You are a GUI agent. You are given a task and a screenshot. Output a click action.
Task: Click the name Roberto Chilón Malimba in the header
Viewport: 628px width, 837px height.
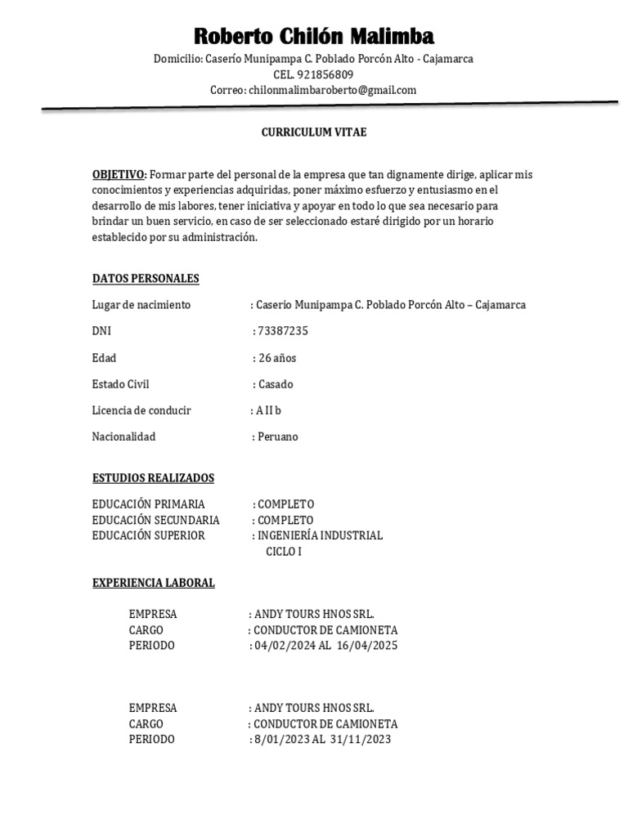point(314,37)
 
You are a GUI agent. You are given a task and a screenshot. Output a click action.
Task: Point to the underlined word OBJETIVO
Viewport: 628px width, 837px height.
point(119,175)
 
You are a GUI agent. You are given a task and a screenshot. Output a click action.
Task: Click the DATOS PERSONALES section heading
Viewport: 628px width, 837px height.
point(146,279)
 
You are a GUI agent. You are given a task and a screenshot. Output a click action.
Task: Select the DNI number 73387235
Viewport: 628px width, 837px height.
point(283,331)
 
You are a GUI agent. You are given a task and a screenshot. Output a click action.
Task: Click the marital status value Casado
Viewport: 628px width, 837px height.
point(275,384)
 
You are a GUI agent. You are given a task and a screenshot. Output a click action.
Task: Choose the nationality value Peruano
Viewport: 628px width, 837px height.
point(278,436)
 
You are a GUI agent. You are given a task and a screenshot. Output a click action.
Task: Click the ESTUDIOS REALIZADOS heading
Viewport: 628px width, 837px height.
point(153,477)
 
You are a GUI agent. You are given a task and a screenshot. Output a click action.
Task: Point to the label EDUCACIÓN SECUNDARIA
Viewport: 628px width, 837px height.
point(155,520)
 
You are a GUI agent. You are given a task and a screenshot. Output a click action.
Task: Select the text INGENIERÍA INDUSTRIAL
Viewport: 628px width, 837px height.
point(320,535)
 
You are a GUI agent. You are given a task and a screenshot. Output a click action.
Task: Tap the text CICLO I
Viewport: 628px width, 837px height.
point(284,552)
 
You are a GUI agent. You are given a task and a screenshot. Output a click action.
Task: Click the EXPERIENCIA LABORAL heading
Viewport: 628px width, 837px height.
point(153,583)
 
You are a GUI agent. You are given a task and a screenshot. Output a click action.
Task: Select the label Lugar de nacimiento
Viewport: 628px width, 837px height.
point(141,305)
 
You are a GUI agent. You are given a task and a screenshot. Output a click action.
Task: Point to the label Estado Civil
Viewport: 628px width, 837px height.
point(120,384)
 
